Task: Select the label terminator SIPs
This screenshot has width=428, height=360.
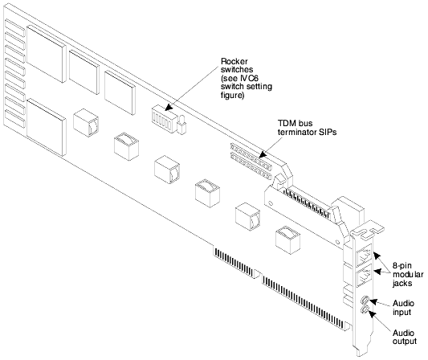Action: (x=307, y=132)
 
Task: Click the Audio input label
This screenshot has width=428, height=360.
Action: (x=403, y=308)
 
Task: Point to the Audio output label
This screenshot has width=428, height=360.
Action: (x=405, y=337)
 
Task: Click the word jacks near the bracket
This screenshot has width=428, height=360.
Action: (x=402, y=283)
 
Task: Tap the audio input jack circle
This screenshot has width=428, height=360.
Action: (x=364, y=301)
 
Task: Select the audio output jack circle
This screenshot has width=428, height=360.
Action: (x=364, y=309)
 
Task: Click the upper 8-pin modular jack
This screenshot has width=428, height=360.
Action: (x=365, y=254)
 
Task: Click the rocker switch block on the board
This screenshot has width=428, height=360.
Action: (x=163, y=119)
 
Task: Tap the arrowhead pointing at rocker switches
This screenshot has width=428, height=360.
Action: (x=169, y=108)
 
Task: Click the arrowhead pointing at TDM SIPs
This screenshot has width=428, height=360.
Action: (x=263, y=154)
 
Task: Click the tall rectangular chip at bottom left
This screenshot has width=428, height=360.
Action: (x=47, y=127)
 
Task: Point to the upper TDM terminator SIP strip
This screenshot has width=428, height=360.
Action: (x=251, y=155)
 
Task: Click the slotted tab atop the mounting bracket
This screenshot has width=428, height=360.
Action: (x=369, y=229)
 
